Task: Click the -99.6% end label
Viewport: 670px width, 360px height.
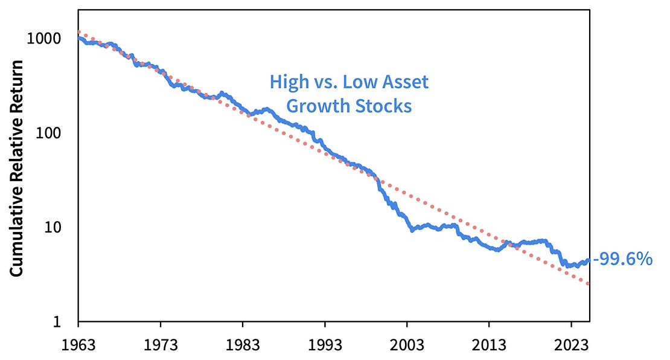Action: pos(622,260)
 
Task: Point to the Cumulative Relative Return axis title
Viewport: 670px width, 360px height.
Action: pos(17,168)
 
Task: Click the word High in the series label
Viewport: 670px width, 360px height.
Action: pos(287,82)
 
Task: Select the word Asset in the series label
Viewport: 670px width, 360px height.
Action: pos(407,82)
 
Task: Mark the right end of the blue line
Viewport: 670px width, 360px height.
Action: pos(588,260)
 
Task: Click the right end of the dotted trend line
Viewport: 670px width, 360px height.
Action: pos(589,283)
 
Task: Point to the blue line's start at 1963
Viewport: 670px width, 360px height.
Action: pos(79,37)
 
